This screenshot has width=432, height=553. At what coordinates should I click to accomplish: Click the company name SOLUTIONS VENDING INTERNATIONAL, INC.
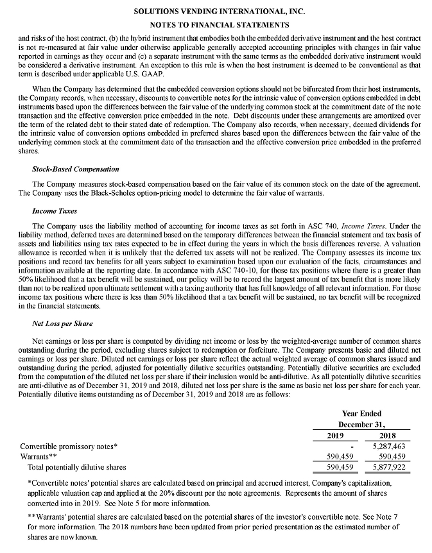(216, 12)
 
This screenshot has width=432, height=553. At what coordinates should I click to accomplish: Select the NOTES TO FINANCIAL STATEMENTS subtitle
(216, 24)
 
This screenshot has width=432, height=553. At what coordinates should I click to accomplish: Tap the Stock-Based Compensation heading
(75, 169)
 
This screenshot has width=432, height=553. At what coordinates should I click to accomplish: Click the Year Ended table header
(361, 414)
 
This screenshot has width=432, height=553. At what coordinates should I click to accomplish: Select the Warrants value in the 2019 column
(333, 457)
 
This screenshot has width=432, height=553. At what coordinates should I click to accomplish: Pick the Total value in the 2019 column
(333, 467)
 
